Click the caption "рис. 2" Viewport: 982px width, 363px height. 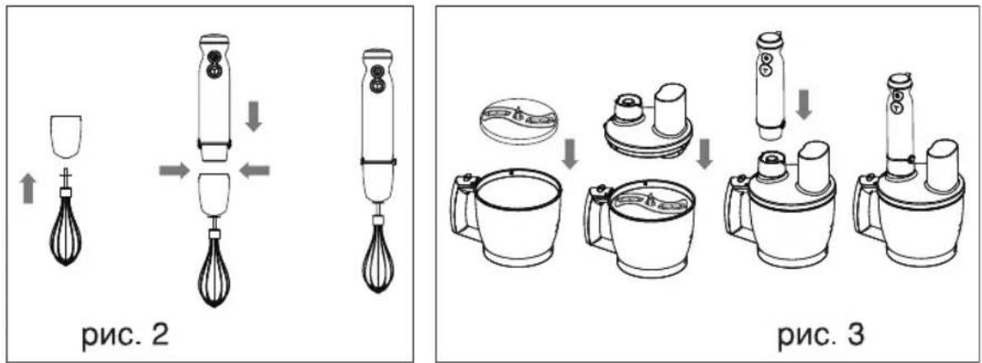[125, 336]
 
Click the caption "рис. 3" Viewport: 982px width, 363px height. [821, 336]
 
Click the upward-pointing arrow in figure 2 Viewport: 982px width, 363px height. [28, 188]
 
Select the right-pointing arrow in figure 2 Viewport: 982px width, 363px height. [174, 170]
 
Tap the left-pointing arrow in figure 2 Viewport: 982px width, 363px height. [255, 170]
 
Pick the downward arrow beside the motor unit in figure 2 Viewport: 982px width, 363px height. [253, 117]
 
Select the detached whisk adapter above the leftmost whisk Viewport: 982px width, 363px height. [65, 135]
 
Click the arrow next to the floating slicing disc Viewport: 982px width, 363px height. [569, 154]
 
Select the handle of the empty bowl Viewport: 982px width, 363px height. [464, 206]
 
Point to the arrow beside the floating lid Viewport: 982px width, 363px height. [705, 154]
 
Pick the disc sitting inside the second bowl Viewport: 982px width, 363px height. [649, 201]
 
